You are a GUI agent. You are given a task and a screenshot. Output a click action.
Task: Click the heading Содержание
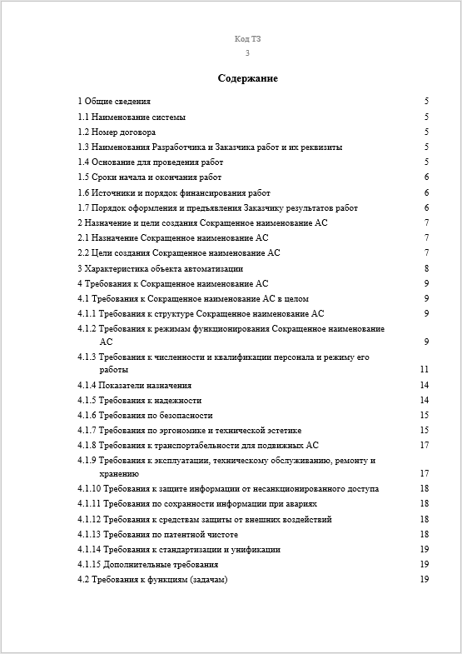[x=247, y=78]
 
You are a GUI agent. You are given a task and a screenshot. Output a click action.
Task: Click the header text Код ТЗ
[x=247, y=39]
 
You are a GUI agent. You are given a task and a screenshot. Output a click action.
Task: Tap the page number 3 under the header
[x=247, y=52]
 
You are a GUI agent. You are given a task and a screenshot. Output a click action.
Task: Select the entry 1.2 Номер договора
[x=117, y=132]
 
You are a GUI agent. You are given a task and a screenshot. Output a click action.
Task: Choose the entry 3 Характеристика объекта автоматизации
[x=161, y=268]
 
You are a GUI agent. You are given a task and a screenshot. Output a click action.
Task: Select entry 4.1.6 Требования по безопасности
[x=146, y=415]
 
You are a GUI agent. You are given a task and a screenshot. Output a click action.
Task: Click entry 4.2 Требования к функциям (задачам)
[x=152, y=579]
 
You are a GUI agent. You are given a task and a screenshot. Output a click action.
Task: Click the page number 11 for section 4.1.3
[x=424, y=369]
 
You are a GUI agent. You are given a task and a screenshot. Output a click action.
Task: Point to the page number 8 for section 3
[x=426, y=268]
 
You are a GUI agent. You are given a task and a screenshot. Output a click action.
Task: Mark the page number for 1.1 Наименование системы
[x=426, y=117]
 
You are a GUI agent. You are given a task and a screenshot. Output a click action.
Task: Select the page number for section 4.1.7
[x=424, y=430]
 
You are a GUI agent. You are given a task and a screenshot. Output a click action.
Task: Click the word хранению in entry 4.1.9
[x=119, y=473]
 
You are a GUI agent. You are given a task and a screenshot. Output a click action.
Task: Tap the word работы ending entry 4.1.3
[x=114, y=369]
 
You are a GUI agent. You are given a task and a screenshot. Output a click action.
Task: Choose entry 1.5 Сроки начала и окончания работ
[x=150, y=177]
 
